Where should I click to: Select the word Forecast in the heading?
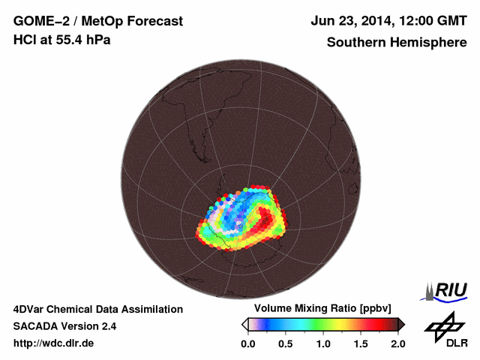155,22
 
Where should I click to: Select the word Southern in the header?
354,43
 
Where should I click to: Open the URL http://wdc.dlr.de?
54,343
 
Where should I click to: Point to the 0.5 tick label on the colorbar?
286,344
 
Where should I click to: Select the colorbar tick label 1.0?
323,344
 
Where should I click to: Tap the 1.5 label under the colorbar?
361,344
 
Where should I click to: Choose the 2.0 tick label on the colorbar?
397,344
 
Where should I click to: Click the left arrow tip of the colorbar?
244,324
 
